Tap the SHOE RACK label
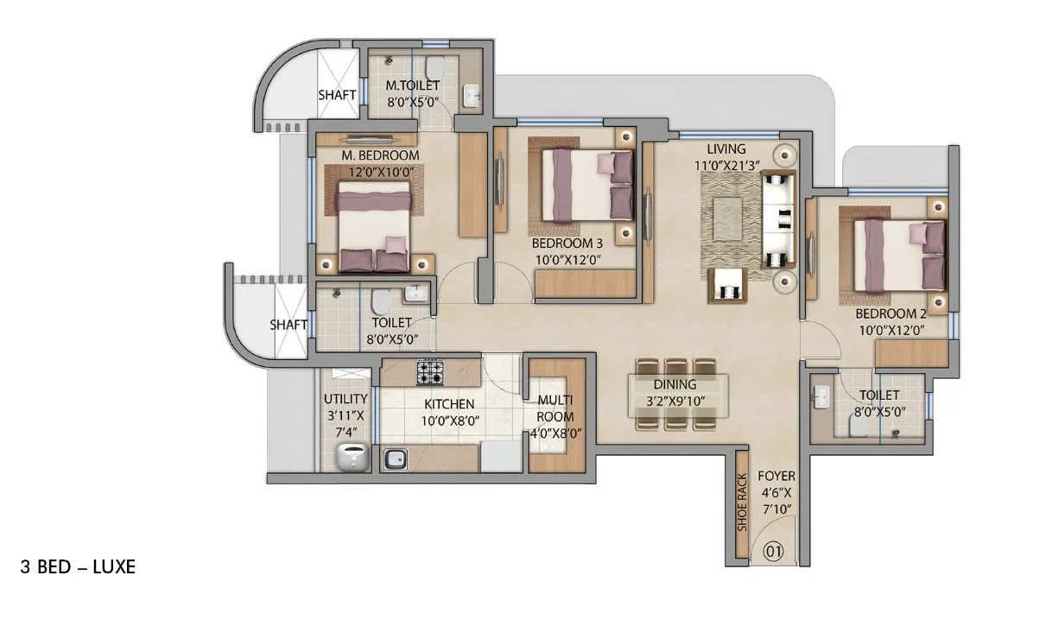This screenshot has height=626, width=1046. click(741, 503)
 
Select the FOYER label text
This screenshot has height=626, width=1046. click(777, 476)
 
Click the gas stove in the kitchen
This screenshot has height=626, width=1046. click(430, 372)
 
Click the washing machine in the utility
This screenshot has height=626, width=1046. click(352, 458)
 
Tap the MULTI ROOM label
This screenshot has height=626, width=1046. click(555, 409)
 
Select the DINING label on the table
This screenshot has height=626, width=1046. click(675, 384)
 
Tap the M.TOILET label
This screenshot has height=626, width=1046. click(412, 85)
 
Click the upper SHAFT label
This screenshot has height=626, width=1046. click(337, 95)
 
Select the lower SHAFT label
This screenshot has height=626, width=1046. click(288, 325)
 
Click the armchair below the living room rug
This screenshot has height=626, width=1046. click(726, 285)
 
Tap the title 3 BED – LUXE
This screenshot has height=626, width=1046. click(78, 567)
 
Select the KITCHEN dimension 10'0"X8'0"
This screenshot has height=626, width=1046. click(449, 420)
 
